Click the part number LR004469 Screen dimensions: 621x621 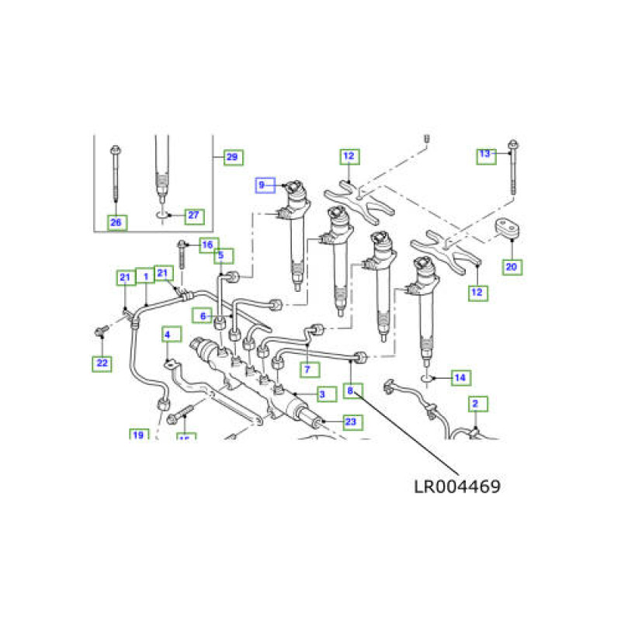click(x=456, y=487)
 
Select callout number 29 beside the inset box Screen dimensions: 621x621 click(x=231, y=158)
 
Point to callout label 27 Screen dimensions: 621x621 click(x=193, y=215)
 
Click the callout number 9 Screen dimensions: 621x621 click(x=262, y=185)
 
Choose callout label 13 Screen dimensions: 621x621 click(x=485, y=154)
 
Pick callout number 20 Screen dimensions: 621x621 click(x=511, y=267)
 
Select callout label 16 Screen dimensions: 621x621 click(x=206, y=245)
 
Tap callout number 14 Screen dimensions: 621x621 click(x=460, y=378)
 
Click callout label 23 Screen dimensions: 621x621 click(x=350, y=422)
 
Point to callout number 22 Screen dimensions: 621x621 click(x=102, y=363)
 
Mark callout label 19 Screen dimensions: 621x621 click(x=138, y=435)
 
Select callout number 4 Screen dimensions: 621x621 click(x=167, y=335)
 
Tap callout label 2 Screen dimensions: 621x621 click(x=476, y=403)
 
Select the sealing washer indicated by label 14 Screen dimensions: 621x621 click(x=428, y=378)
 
